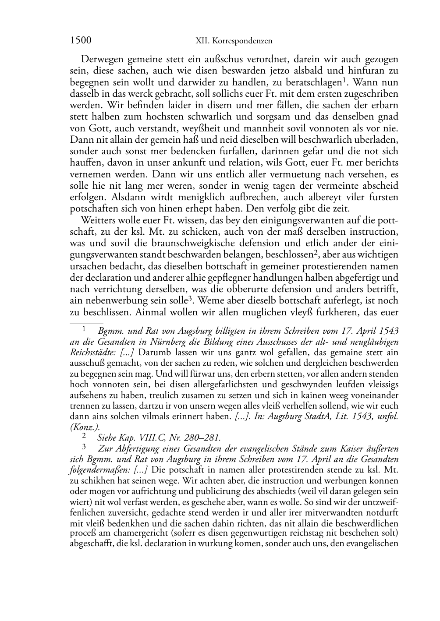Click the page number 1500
pos(81,41)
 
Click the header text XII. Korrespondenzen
pos(233,41)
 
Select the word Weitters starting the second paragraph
pos(97,220)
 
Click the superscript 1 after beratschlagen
pos(344,80)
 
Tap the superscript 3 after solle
pos(191,299)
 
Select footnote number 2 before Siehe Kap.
pos(84,436)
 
